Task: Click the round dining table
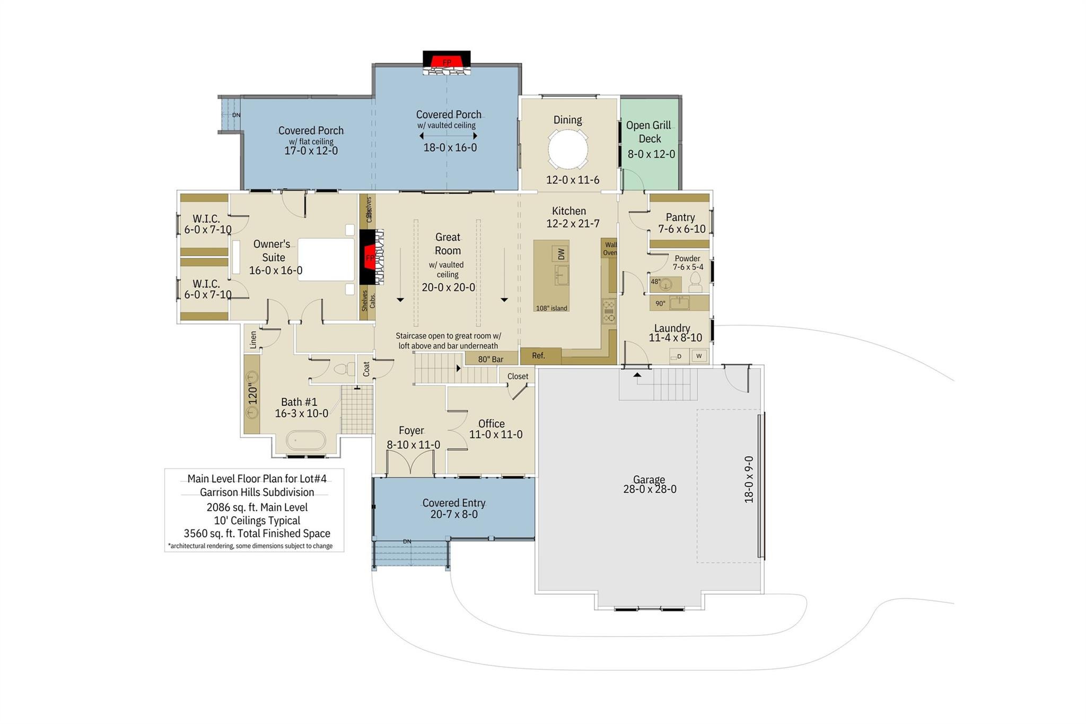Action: coord(567,149)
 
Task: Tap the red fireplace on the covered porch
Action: coord(446,62)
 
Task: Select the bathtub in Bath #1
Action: coord(306,441)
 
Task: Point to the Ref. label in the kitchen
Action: coord(538,356)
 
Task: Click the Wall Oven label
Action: coord(610,249)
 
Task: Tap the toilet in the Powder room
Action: coord(695,282)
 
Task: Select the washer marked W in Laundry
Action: coord(699,356)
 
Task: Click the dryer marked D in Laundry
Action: coord(679,356)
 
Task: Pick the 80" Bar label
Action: coord(491,359)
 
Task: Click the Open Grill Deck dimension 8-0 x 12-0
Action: coord(651,154)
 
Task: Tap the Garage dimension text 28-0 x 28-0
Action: coord(650,490)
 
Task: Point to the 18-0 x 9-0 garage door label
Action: coord(749,479)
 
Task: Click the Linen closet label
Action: coord(253,339)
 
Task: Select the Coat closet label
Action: coord(366,369)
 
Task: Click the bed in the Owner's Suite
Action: coord(326,259)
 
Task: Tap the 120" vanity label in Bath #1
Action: coord(252,394)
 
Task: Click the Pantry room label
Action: coord(680,217)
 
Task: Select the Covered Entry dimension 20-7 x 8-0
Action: coord(453,514)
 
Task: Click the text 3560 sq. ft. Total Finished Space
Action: coord(257,534)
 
